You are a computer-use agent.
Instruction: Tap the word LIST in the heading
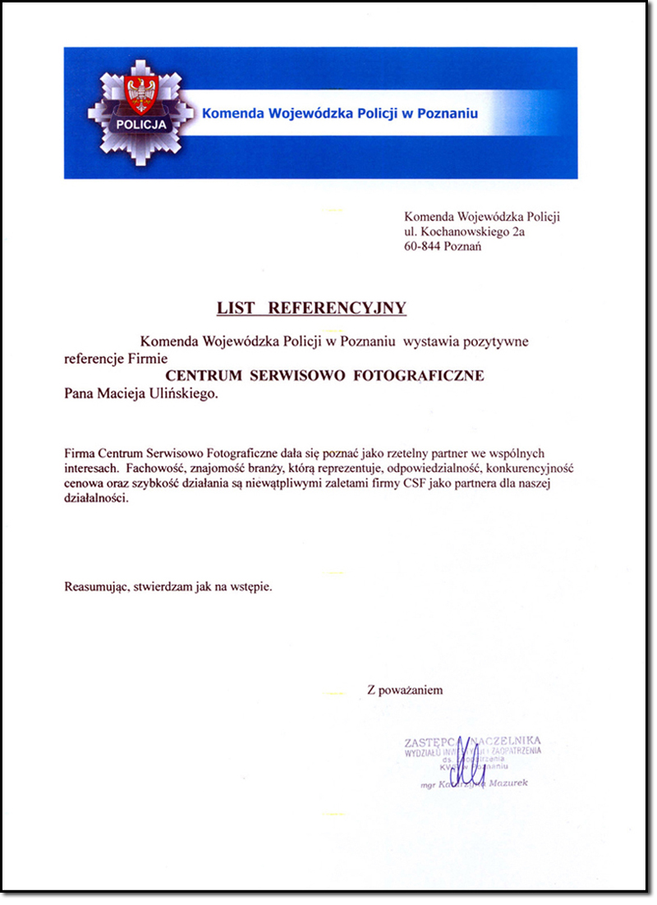[237, 309]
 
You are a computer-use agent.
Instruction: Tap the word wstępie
[250, 587]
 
